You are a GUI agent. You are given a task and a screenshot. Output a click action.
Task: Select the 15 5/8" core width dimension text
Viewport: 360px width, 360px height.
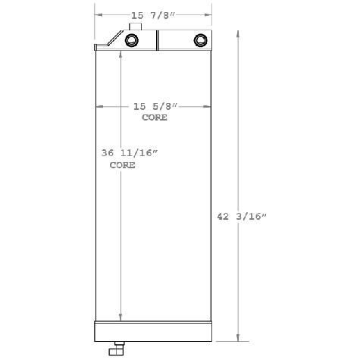tap(153, 107)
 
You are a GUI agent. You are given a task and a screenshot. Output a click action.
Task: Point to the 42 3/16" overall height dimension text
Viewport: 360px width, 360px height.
tap(242, 217)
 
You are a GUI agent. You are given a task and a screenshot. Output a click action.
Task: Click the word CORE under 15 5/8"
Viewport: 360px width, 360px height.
tap(155, 118)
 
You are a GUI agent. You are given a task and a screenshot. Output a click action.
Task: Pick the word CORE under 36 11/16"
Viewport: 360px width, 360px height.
tap(122, 164)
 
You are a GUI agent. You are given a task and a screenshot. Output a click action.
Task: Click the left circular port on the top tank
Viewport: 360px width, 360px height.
tap(134, 41)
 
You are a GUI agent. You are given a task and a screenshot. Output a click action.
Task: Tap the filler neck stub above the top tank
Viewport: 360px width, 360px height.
tap(136, 27)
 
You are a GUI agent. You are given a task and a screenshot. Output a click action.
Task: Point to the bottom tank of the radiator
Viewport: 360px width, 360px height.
tap(152, 331)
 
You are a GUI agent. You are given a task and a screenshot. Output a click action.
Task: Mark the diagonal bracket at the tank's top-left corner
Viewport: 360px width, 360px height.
tap(114, 39)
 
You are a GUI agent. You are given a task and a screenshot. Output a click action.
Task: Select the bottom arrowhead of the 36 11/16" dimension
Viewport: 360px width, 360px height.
tap(120, 319)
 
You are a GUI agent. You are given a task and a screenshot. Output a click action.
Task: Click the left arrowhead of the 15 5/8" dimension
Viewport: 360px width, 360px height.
tap(99, 107)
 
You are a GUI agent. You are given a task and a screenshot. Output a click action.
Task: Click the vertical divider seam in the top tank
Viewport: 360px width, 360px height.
tap(158, 41)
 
